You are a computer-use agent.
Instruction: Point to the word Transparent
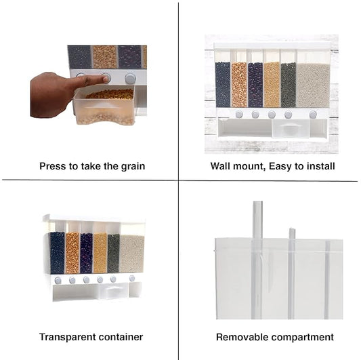(65, 337)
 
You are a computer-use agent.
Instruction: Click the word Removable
(242, 337)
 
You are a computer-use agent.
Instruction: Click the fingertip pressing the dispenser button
(106, 79)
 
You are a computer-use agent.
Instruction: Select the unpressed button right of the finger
(130, 79)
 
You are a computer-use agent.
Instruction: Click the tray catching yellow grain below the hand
(104, 106)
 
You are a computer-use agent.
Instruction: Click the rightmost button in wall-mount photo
(313, 115)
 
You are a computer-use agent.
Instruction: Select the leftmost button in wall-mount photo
(239, 114)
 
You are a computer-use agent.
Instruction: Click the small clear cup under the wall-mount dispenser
(291, 128)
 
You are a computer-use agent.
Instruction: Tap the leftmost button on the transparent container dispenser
(58, 281)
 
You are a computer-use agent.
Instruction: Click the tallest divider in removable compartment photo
(257, 260)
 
